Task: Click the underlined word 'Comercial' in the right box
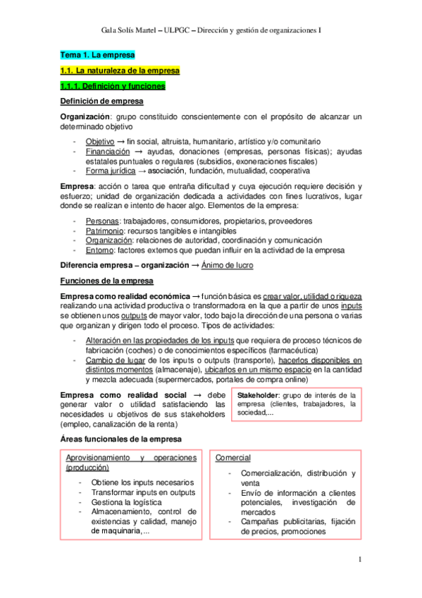[x=233, y=458]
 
